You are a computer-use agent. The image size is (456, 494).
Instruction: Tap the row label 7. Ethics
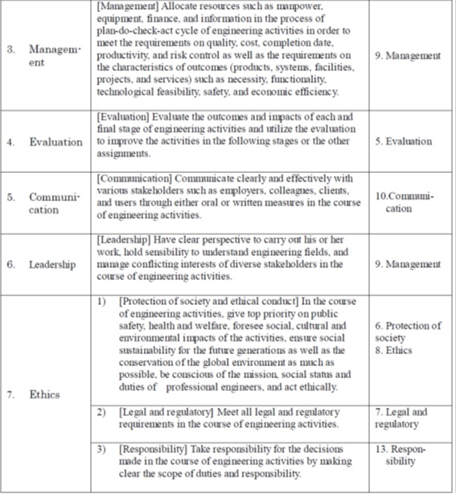(x=35, y=395)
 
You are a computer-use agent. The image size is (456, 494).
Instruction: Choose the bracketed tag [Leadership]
(x=125, y=239)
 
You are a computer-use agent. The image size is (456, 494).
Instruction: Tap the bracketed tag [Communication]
(x=134, y=178)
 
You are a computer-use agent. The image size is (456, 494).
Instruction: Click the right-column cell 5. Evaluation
(x=404, y=142)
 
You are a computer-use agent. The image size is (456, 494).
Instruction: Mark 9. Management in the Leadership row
(x=408, y=264)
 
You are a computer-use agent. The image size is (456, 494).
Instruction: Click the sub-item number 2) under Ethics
(x=102, y=412)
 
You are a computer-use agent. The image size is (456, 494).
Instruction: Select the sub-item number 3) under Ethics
(x=102, y=449)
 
